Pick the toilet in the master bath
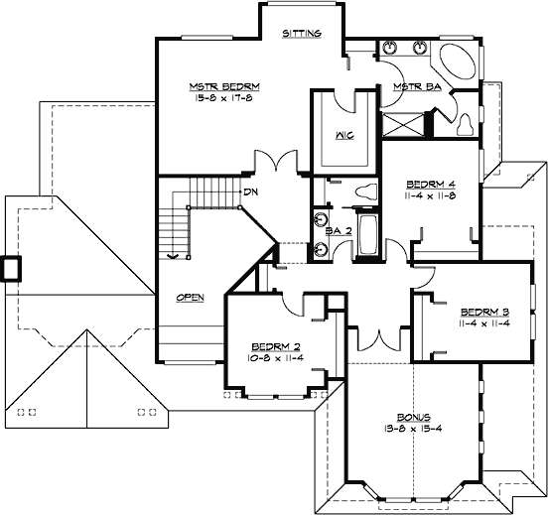click(x=465, y=122)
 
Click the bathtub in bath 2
click(x=366, y=235)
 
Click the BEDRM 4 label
click(x=431, y=185)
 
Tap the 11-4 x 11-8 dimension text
click(x=431, y=196)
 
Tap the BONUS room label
click(x=408, y=419)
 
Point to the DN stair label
click(x=252, y=191)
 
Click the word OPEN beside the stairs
click(x=191, y=297)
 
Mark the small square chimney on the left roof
click(x=11, y=268)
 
